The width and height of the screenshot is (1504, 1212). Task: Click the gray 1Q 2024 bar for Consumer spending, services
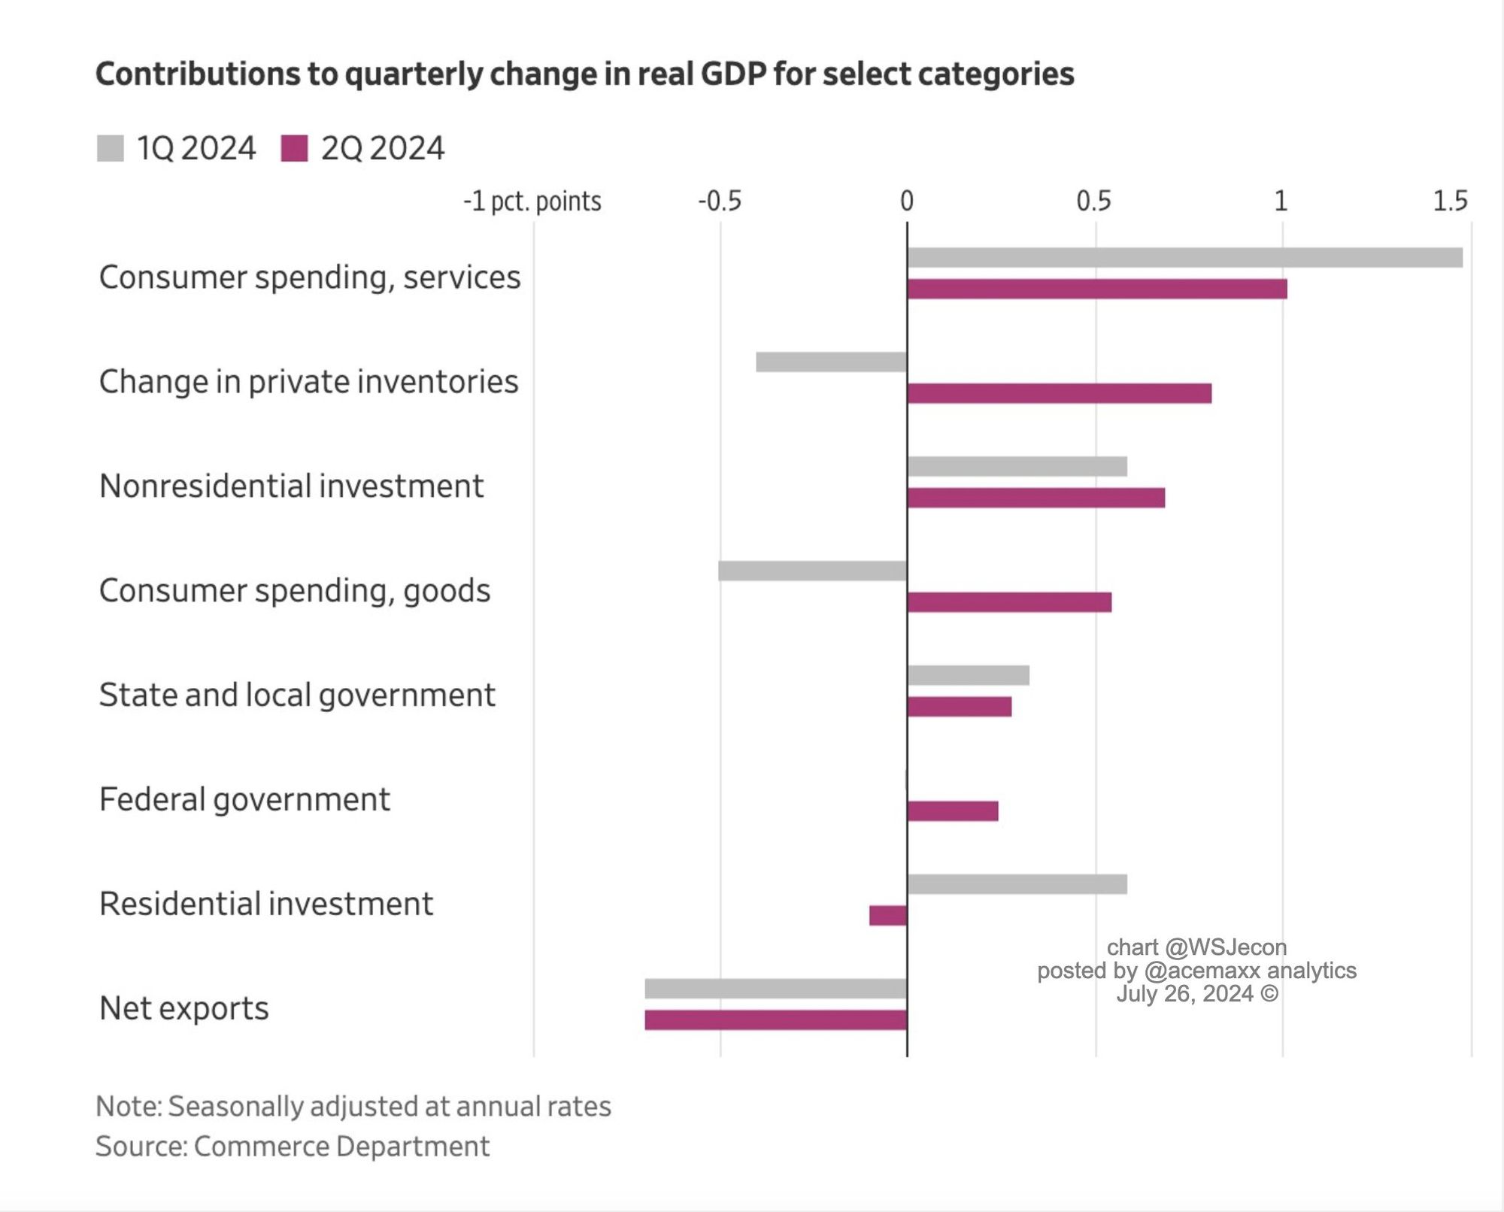click(x=1184, y=258)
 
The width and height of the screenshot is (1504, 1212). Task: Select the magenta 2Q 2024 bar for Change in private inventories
click(x=1059, y=393)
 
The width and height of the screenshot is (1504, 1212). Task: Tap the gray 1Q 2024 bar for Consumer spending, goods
click(x=812, y=571)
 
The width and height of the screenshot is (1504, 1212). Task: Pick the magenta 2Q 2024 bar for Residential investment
click(x=888, y=915)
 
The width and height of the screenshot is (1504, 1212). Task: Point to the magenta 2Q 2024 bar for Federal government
click(x=953, y=811)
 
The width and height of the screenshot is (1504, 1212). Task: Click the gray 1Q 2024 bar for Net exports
click(x=775, y=989)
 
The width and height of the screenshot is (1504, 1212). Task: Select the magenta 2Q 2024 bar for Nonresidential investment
click(x=1036, y=498)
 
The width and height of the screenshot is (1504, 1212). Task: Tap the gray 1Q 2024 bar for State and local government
click(x=968, y=675)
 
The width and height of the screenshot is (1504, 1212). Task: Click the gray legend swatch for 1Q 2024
click(x=111, y=148)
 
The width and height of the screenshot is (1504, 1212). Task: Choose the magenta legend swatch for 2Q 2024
click(x=294, y=148)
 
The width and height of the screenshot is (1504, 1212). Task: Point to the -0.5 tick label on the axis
click(x=720, y=201)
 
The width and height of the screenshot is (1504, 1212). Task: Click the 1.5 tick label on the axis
click(x=1450, y=201)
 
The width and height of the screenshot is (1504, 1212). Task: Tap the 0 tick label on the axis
click(x=907, y=201)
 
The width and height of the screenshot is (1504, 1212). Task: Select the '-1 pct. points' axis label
click(x=532, y=201)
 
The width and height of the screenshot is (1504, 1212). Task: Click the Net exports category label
click(x=183, y=1008)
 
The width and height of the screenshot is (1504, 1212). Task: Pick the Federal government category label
click(x=244, y=799)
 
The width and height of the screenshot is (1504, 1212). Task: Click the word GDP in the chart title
click(x=732, y=74)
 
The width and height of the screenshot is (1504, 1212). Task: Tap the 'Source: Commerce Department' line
click(x=293, y=1147)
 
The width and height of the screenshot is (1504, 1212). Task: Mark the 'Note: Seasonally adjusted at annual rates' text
click(x=353, y=1107)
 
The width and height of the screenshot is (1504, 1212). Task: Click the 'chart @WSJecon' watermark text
click(x=1196, y=947)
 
